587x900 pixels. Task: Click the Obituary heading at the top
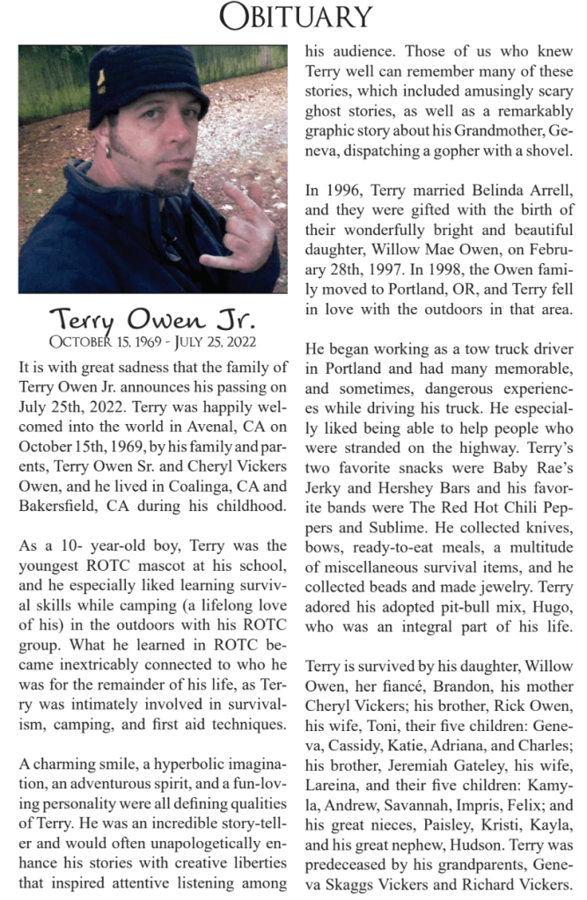(x=295, y=16)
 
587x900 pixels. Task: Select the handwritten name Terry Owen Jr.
(x=152, y=318)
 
